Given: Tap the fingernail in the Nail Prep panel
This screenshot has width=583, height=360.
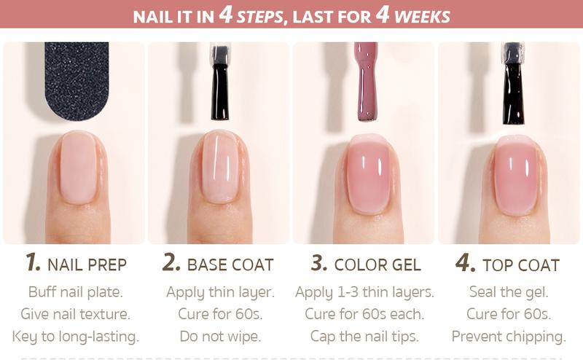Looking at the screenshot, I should click(x=77, y=168).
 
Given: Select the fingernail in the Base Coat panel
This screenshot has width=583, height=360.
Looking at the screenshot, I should click(x=220, y=168).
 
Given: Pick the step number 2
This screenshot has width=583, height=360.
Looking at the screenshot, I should click(x=172, y=263).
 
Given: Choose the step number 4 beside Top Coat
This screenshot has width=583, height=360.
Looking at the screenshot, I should click(x=465, y=263).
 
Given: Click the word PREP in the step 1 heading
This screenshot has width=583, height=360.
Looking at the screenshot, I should click(x=107, y=265).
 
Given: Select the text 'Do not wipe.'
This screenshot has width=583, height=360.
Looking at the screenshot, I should click(x=219, y=337).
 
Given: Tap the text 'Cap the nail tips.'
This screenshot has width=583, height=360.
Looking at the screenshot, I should click(x=364, y=337).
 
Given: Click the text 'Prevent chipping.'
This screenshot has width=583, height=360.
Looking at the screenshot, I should click(x=509, y=337).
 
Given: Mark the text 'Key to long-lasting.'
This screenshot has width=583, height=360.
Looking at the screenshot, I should click(x=75, y=337).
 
